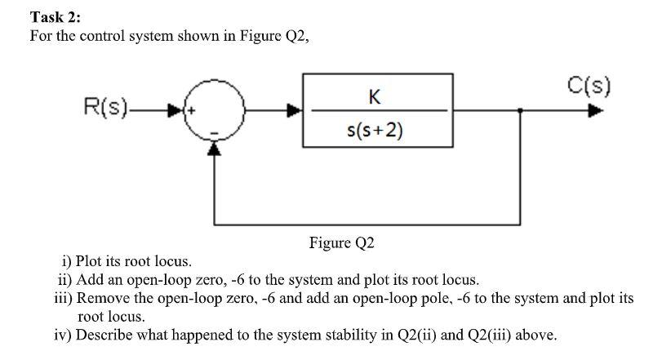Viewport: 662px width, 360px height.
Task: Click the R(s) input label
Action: pos(105,106)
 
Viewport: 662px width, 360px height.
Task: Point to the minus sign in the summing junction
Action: pos(213,130)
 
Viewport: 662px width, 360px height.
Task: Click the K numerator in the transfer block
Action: pos(374,97)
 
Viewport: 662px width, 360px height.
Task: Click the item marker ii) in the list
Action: pos(64,279)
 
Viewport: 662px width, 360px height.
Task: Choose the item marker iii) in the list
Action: pos(61,297)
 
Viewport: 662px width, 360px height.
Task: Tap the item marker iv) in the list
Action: pos(63,333)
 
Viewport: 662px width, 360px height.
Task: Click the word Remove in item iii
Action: pos(102,297)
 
